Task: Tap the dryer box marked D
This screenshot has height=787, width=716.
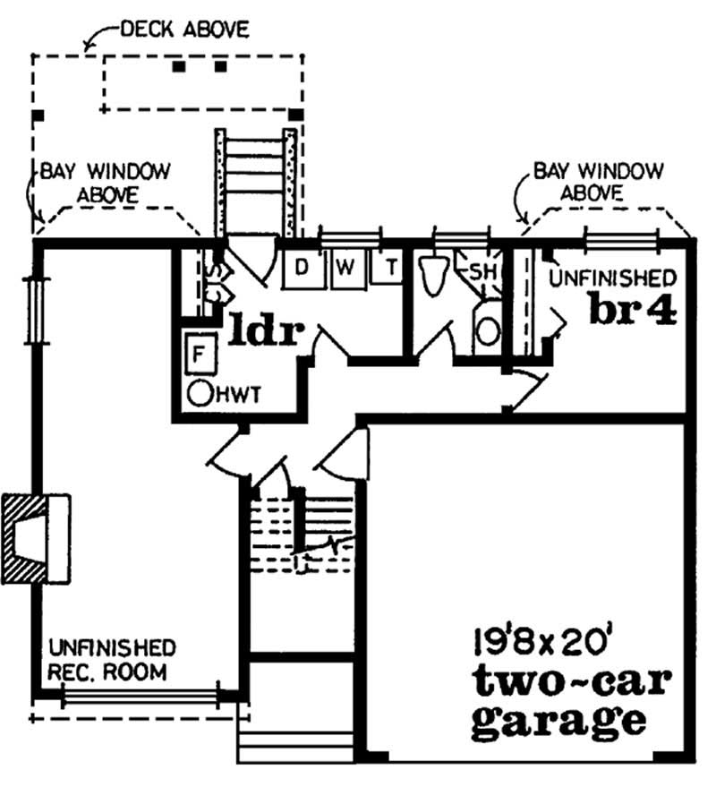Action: pyautogui.click(x=303, y=268)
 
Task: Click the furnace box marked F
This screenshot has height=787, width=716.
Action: pyautogui.click(x=199, y=353)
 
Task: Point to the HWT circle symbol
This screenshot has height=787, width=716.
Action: pyautogui.click(x=200, y=392)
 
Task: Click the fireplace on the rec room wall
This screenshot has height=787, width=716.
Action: pyautogui.click(x=36, y=536)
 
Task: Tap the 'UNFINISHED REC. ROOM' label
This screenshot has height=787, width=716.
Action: pyautogui.click(x=112, y=659)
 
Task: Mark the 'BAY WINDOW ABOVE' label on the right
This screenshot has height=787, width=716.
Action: pyautogui.click(x=598, y=180)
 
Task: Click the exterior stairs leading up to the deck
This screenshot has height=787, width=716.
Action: pyautogui.click(x=254, y=179)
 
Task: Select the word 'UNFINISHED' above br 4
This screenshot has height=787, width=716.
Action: pyautogui.click(x=612, y=277)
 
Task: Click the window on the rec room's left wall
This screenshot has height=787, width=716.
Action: pyautogui.click(x=34, y=310)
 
